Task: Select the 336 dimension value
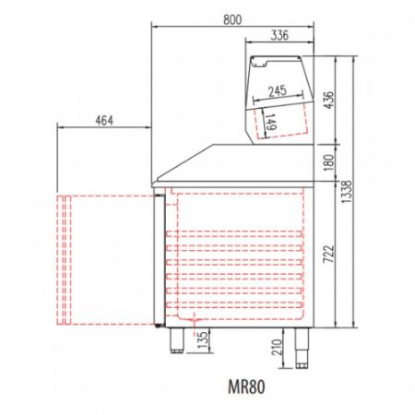(279, 36)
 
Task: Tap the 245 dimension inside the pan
(276, 90)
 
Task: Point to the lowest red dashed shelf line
(235, 309)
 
